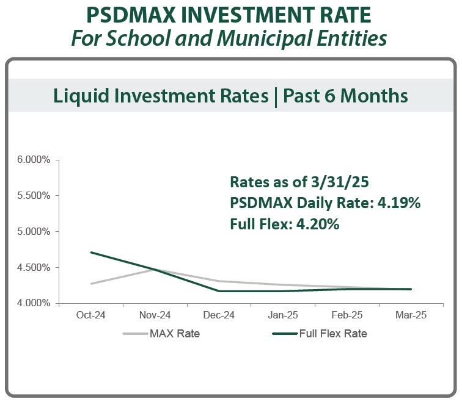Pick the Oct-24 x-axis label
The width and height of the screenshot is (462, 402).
tap(90, 315)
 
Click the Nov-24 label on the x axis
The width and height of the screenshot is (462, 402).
tap(155, 315)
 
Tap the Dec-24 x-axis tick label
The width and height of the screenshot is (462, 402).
tap(219, 315)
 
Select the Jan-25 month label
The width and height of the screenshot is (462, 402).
tap(283, 315)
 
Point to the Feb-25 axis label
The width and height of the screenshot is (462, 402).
tap(346, 315)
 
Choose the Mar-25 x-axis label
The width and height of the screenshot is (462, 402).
tap(411, 315)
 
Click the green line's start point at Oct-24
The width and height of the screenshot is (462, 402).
tap(90, 253)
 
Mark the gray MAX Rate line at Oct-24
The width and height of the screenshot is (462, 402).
tap(90, 284)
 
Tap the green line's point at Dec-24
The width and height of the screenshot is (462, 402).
tap(219, 291)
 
